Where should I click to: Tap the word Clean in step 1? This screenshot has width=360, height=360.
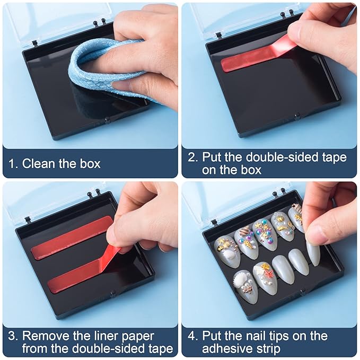38,163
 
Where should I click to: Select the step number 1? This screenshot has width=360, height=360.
13,164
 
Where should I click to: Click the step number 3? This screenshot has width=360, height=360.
13,336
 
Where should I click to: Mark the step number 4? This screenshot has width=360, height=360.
193,336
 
